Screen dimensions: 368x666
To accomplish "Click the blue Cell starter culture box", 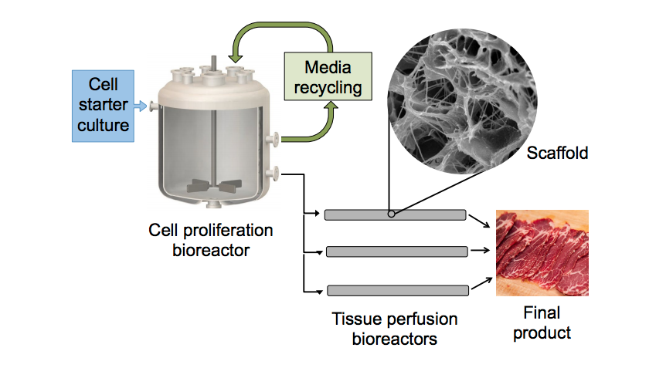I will click(x=104, y=105).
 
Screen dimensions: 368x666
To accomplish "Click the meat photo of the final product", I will click(x=542, y=252).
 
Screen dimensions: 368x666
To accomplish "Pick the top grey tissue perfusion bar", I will click(x=394, y=214).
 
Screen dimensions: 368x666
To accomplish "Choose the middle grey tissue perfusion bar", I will click(x=396, y=252).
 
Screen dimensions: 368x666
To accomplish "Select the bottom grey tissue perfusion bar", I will click(x=397, y=290).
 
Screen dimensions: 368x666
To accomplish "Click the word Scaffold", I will click(x=557, y=154).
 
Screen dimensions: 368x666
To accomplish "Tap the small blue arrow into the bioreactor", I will click(x=142, y=105).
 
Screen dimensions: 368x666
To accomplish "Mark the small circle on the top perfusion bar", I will click(x=392, y=214).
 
